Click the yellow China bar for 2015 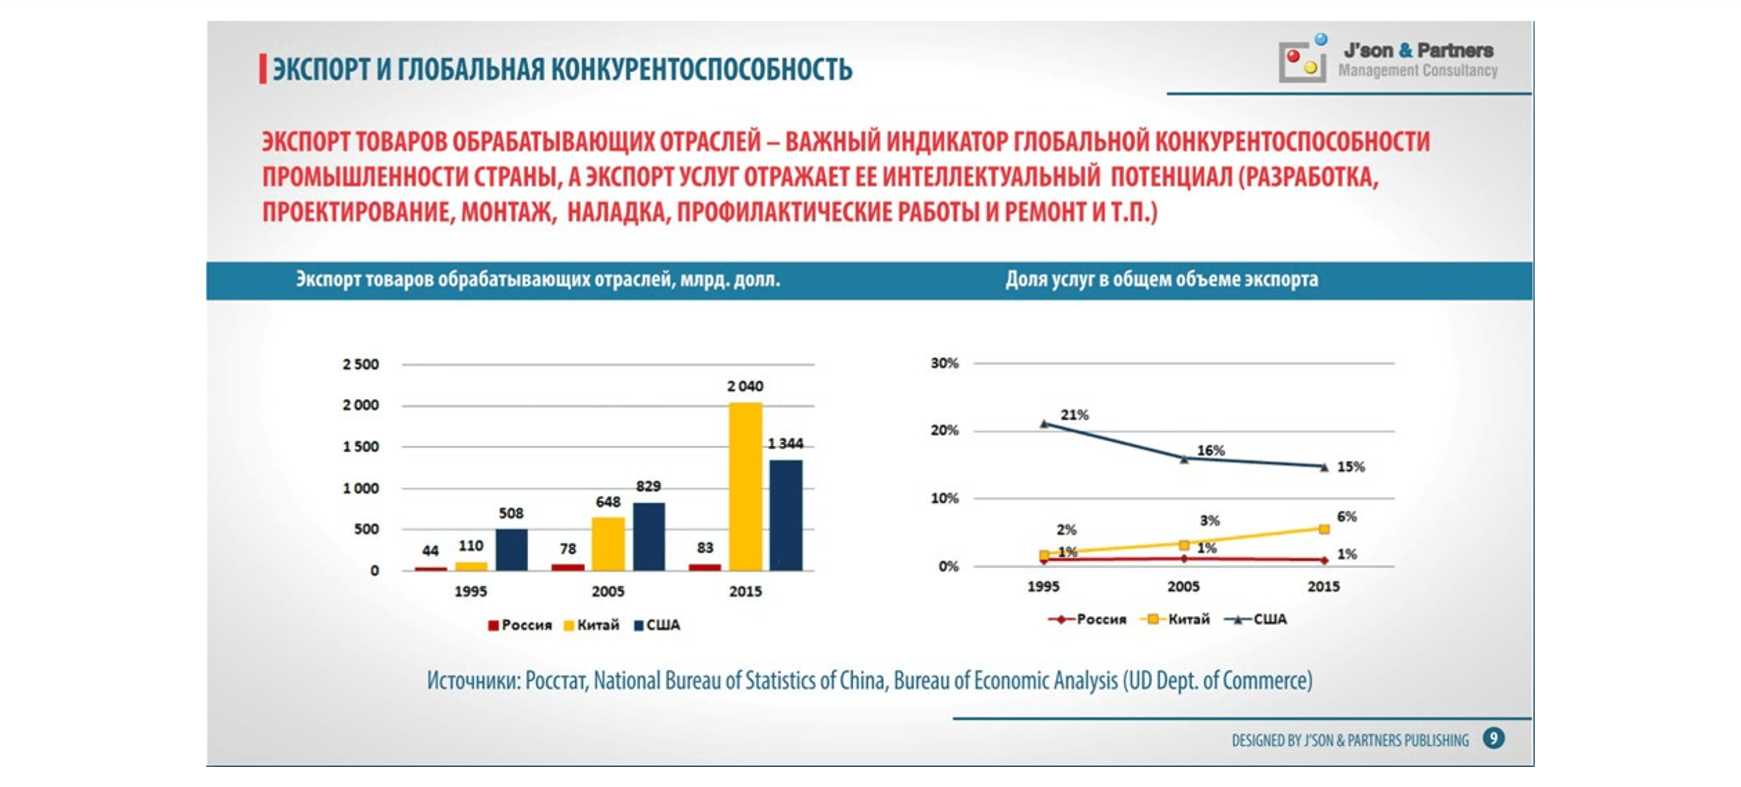(745, 487)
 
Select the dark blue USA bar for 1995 (511, 549)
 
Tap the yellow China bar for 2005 (608, 544)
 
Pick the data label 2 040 (745, 387)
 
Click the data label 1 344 (785, 444)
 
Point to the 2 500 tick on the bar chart (360, 365)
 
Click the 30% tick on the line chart (944, 364)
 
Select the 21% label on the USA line (1074, 415)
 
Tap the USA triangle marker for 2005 (1184, 460)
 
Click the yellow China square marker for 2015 (1324, 529)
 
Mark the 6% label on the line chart (1346, 517)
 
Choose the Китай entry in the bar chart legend (591, 625)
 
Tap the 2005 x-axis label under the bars (608, 592)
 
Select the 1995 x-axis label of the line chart (1043, 587)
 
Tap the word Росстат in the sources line (556, 681)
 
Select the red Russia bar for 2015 (705, 567)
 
